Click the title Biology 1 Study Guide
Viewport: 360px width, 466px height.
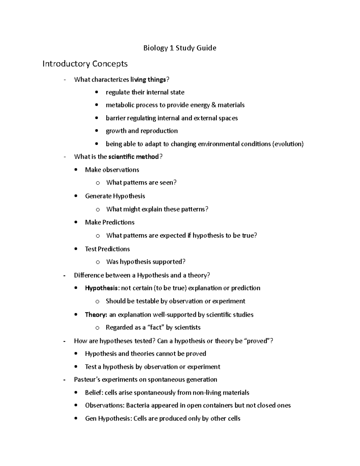[x=180, y=48]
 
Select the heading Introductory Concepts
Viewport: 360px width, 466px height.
[x=85, y=64]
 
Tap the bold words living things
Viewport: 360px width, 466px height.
[x=148, y=80]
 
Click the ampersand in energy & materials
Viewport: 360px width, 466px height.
[x=214, y=105]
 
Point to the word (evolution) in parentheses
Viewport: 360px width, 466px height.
[x=288, y=144]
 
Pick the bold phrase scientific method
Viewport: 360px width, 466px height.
[x=133, y=157]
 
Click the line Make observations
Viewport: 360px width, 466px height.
[x=112, y=170]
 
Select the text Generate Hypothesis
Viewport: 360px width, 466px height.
[x=115, y=196]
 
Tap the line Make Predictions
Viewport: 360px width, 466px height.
[x=109, y=222]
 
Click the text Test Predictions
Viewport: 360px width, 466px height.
[x=107, y=249]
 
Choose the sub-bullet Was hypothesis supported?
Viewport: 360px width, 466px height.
[x=146, y=262]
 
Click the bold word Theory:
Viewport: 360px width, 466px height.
[x=96, y=315]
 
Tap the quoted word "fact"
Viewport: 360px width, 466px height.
[x=155, y=328]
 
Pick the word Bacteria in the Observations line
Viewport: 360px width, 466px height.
[x=138, y=406]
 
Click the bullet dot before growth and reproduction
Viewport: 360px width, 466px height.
[x=96, y=131]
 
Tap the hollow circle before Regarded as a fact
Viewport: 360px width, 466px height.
[x=97, y=328]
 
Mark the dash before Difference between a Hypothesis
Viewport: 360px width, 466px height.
[x=64, y=275]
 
